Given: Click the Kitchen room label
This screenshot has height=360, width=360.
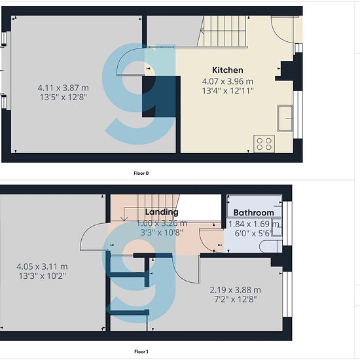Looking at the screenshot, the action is click(x=228, y=70).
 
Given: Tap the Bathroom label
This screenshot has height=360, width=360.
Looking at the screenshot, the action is click(x=253, y=213).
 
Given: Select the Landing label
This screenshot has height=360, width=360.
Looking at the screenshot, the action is click(x=162, y=212).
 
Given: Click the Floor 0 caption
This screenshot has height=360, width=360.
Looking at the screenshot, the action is click(x=141, y=173).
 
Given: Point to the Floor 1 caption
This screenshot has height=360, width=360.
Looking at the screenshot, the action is click(x=141, y=351).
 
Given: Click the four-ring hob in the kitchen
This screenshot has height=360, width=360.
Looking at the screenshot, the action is click(x=264, y=144).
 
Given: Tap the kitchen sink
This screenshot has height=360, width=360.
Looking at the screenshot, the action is click(x=285, y=118).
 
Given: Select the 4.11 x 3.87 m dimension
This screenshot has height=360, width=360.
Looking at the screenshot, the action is click(x=63, y=88).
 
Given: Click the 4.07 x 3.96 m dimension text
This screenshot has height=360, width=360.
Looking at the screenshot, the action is click(x=228, y=81).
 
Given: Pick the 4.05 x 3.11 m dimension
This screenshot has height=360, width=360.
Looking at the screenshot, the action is click(x=42, y=266).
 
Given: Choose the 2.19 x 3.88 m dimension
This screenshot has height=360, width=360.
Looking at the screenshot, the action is click(x=236, y=290).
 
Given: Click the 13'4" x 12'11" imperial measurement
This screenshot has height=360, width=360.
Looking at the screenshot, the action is click(x=228, y=91).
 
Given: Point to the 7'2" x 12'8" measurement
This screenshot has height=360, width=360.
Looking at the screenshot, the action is click(x=236, y=299).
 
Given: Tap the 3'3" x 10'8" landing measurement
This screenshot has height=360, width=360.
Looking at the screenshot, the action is click(x=162, y=232).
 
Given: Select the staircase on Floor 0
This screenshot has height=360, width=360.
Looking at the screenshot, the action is click(x=223, y=31).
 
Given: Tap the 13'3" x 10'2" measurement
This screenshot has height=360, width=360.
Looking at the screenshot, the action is click(x=43, y=276).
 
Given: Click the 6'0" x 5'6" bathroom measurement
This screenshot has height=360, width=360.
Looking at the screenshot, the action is click(x=253, y=233).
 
